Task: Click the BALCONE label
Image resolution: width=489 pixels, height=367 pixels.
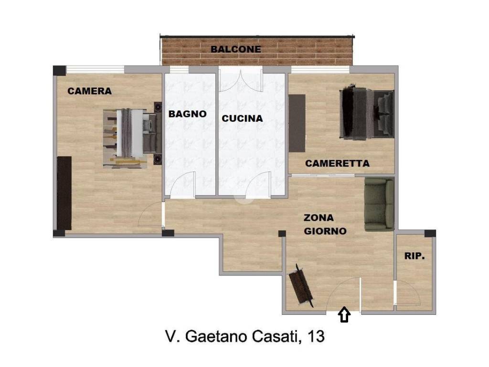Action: point(236,49)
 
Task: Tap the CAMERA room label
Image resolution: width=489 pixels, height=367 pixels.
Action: point(89,91)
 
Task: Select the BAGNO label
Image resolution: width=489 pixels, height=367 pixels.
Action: point(188,114)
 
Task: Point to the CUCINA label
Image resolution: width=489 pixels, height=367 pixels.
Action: point(242,119)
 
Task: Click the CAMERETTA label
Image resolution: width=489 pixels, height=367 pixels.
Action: point(337,163)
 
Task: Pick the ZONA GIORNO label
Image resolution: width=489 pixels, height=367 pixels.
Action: point(325,225)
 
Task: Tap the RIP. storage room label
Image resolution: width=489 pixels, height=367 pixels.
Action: point(414,256)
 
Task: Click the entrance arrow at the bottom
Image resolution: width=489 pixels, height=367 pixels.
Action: point(344,314)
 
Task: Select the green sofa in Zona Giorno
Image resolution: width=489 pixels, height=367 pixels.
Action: point(379,204)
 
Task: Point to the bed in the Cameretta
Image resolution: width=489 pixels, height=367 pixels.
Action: point(367,114)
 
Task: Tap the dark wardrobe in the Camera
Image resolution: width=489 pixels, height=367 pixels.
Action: point(64,193)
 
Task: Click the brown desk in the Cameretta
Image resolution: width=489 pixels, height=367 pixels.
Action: point(297,123)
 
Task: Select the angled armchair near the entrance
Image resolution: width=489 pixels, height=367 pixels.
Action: point(301,286)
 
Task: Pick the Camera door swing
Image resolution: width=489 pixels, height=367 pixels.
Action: point(150,215)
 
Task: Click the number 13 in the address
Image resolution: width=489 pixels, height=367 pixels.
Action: point(316,337)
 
